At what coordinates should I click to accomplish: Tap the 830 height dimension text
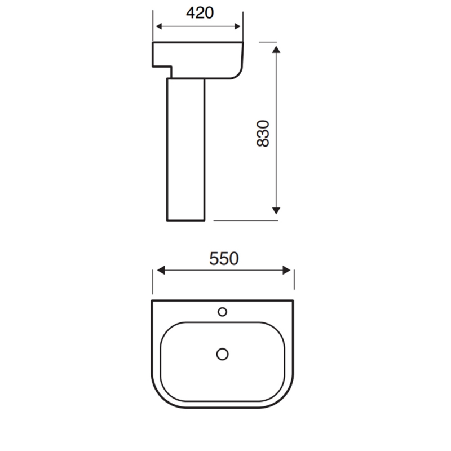click(263, 133)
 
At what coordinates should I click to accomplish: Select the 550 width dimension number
click(224, 258)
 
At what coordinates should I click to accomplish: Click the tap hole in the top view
click(223, 311)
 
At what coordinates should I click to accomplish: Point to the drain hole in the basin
click(223, 353)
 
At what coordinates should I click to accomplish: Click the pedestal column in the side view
click(185, 149)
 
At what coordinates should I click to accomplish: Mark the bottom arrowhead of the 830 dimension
click(276, 210)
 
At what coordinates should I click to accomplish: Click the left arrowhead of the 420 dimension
click(158, 26)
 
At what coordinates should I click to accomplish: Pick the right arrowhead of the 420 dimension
click(239, 26)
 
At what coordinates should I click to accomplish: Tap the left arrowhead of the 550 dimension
click(160, 271)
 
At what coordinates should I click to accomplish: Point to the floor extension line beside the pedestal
click(246, 220)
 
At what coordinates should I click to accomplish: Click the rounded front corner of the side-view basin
click(237, 73)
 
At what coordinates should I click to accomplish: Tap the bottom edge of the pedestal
click(185, 220)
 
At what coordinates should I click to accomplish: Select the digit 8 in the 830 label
click(263, 143)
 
